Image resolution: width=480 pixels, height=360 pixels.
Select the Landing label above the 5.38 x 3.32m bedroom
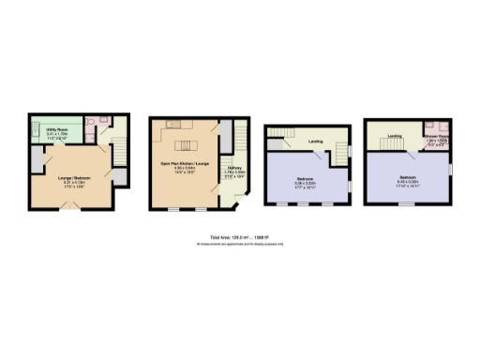click(x=310, y=142)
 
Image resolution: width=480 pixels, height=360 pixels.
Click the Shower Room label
click(x=437, y=136)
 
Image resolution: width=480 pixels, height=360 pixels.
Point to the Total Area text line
click(x=239, y=237)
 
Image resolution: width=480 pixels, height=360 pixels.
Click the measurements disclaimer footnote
click(x=239, y=244)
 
